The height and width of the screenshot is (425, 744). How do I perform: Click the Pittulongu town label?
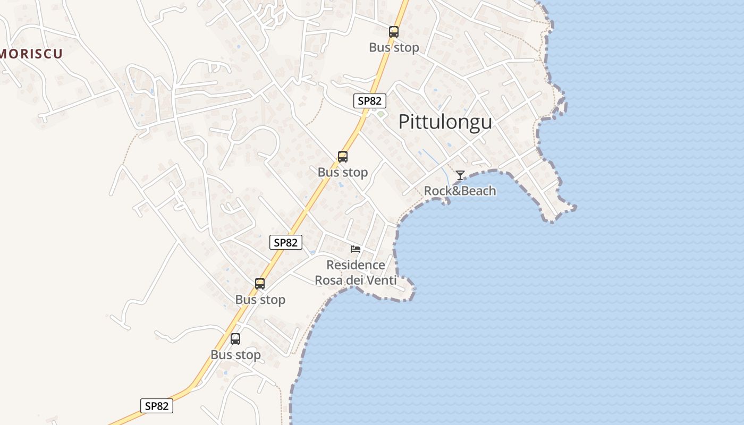point(445,122)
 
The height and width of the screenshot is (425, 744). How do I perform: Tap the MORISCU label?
point(31,54)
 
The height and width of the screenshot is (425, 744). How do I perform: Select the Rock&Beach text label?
point(460,191)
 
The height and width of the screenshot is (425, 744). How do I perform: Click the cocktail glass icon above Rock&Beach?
point(460,175)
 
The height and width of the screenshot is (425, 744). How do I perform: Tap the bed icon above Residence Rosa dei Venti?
point(356,249)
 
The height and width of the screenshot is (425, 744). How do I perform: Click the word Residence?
point(356,265)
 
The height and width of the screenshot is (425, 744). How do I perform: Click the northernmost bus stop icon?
point(393,32)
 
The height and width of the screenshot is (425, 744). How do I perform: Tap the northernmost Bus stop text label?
point(394,47)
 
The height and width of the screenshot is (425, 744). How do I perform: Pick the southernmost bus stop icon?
point(235,338)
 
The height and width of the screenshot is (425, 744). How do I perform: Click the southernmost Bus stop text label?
point(235,354)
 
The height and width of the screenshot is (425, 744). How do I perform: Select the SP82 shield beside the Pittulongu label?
point(369,101)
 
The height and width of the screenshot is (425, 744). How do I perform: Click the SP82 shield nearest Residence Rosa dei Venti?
point(285,242)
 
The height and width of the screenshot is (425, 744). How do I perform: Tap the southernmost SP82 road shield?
point(157,406)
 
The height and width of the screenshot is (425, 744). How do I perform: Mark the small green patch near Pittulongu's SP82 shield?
point(381,114)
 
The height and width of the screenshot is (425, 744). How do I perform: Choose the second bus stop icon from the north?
point(343,157)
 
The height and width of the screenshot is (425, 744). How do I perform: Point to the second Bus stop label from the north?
point(343,172)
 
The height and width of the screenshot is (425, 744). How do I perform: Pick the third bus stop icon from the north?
point(260,284)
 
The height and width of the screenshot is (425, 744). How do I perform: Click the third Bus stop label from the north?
point(260,300)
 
